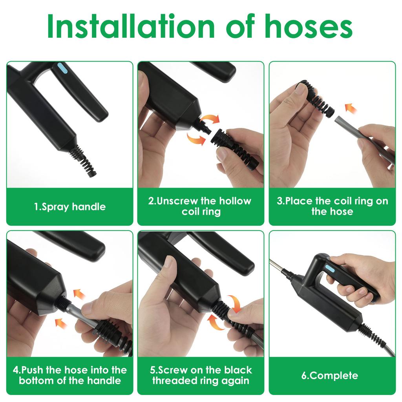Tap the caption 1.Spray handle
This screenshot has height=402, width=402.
69,207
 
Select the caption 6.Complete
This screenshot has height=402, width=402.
330,375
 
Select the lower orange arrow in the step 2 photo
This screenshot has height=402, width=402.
196,138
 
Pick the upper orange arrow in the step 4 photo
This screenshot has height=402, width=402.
79,294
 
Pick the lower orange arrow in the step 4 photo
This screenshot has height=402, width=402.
61,323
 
